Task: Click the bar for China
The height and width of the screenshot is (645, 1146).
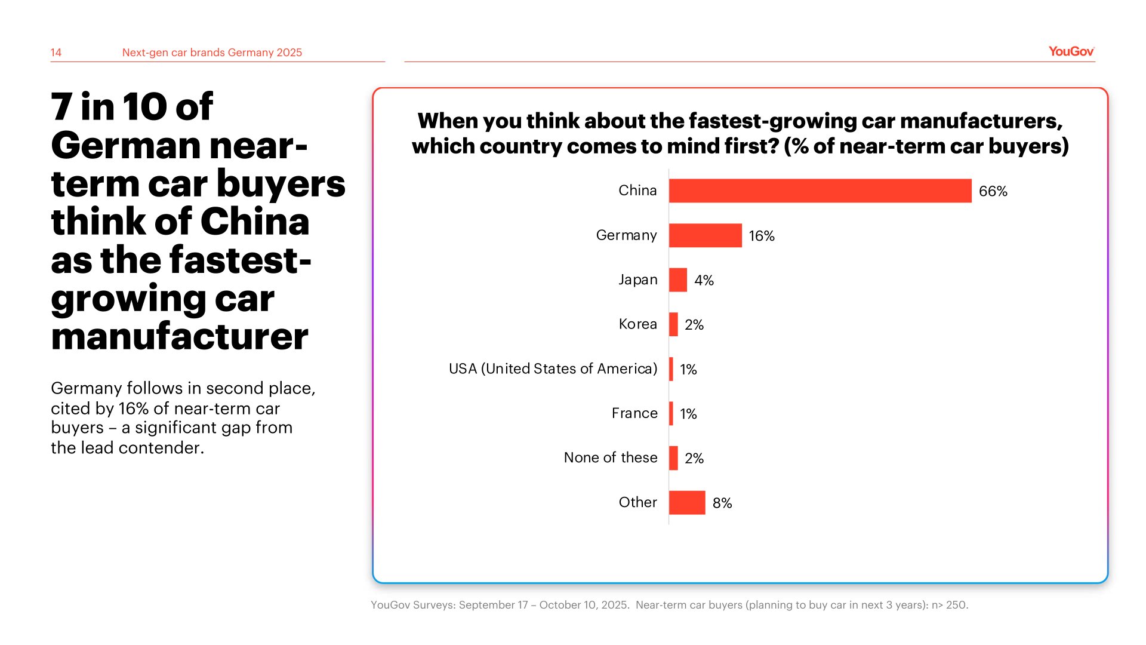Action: tap(820, 191)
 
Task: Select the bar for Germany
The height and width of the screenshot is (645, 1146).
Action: tap(705, 235)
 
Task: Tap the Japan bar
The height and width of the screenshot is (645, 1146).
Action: tap(678, 279)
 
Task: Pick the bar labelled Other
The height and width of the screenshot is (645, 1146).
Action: tap(687, 502)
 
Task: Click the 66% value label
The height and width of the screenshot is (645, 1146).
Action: tap(993, 191)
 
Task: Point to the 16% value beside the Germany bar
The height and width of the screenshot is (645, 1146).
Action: tap(762, 236)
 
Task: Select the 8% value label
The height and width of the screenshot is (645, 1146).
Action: tap(722, 503)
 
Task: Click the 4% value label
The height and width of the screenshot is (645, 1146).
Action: tap(704, 280)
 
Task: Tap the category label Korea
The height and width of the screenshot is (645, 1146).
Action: tap(637, 324)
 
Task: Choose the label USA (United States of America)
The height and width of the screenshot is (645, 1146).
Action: tap(553, 368)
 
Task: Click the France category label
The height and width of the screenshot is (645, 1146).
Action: tap(634, 413)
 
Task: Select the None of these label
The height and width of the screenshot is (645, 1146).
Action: tap(611, 457)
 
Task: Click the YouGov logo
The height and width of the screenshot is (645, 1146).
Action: tap(1071, 51)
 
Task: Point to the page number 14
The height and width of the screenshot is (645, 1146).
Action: tap(56, 53)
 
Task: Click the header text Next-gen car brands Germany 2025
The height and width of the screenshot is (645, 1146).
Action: tap(212, 53)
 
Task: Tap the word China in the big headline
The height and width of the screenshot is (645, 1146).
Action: tap(254, 222)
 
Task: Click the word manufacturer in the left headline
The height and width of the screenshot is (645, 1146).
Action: tap(180, 336)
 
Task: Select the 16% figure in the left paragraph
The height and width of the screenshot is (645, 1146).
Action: tap(133, 408)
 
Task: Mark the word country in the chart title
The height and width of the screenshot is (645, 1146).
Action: tap(519, 146)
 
